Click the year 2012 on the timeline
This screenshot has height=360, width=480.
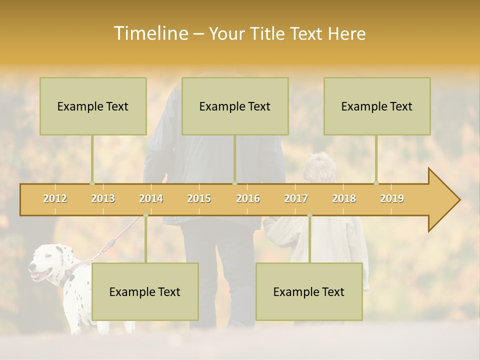pyautogui.click(x=55, y=198)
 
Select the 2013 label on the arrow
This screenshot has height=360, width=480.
pyautogui.click(x=103, y=198)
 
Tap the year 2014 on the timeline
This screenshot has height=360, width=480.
pyautogui.click(x=151, y=198)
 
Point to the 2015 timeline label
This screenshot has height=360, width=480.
pyautogui.click(x=199, y=198)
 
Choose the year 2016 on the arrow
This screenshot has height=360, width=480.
pyautogui.click(x=248, y=198)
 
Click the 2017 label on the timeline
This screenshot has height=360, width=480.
pyautogui.click(x=296, y=198)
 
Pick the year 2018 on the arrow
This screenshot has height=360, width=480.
pyautogui.click(x=344, y=198)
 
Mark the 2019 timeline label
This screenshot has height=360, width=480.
pyautogui.click(x=392, y=198)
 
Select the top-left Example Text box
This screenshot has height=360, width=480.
pyautogui.click(x=93, y=106)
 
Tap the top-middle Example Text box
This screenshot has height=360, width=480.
pyautogui.click(x=235, y=106)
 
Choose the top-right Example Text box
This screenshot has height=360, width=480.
pyautogui.click(x=377, y=106)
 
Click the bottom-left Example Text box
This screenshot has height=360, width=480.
pyautogui.click(x=145, y=291)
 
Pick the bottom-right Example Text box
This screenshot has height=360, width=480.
pyautogui.click(x=309, y=291)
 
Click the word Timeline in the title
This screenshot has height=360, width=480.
pyautogui.click(x=150, y=33)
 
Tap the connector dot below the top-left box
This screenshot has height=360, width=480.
pyautogui.click(x=92, y=183)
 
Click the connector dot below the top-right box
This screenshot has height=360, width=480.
pyautogui.click(x=376, y=183)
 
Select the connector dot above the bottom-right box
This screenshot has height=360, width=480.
pyautogui.click(x=309, y=215)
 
